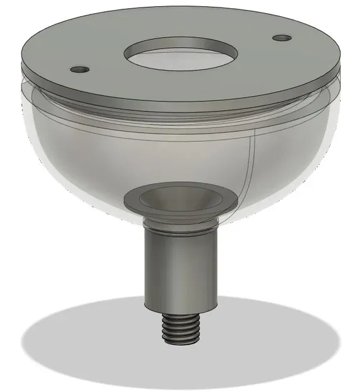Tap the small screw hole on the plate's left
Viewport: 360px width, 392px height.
80,69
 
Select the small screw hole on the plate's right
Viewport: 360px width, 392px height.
282,38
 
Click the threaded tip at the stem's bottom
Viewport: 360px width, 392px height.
182,328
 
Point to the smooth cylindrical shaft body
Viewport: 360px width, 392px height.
181,267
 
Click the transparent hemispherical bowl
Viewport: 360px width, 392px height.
94,157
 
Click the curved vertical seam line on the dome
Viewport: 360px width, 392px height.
253,163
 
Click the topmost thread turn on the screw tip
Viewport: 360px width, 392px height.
182,317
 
